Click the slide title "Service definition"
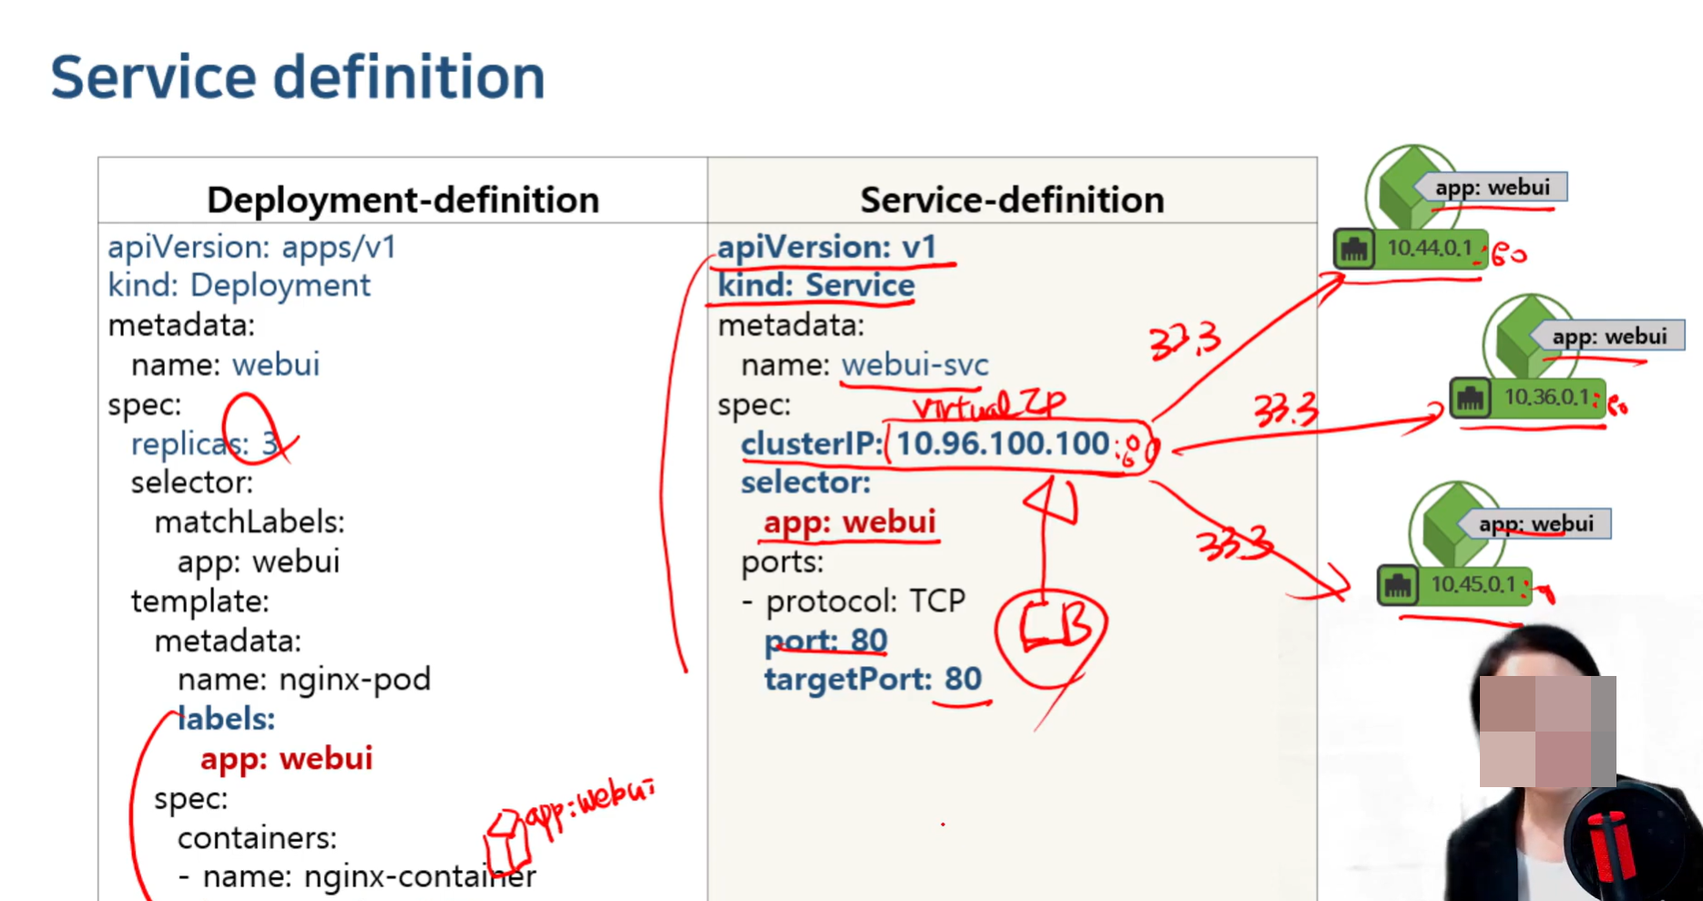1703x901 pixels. tap(297, 77)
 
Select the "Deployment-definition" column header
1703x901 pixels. tap(403, 200)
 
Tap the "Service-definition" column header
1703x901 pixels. tap(1012, 200)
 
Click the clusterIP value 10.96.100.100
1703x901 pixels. tap(1003, 444)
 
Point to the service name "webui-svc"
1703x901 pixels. tap(914, 365)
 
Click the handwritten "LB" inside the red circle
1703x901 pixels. tap(1053, 627)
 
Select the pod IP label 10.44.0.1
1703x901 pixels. tap(1428, 248)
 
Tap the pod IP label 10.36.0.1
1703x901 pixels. tap(1545, 397)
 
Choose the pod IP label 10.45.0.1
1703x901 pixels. tap(1473, 584)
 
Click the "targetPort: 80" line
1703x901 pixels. tap(872, 680)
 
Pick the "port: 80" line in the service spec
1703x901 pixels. tap(825, 640)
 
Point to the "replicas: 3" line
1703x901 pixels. tap(205, 444)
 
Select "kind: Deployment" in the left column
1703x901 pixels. tap(239, 286)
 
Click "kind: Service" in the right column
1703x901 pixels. tap(815, 286)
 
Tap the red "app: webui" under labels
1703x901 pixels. tap(286, 759)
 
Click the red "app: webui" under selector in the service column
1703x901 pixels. tap(849, 522)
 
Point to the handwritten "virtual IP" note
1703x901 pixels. tap(988, 404)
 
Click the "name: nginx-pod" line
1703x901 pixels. tap(303, 680)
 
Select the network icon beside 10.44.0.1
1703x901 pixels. tap(1354, 249)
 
